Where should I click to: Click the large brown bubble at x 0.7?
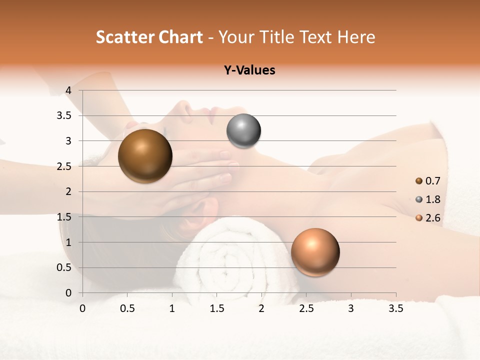click(x=145, y=156)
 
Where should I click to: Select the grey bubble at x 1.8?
click(x=243, y=131)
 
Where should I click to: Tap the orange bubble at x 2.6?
click(x=315, y=252)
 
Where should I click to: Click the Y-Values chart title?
click(x=249, y=70)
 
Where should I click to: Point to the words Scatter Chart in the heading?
click(x=149, y=37)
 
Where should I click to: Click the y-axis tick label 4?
click(x=68, y=90)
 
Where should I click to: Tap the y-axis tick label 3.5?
click(x=64, y=116)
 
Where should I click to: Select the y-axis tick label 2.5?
click(x=64, y=166)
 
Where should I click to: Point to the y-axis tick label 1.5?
click(x=64, y=217)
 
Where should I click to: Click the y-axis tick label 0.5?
click(x=64, y=268)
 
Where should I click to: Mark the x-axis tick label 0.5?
click(x=127, y=308)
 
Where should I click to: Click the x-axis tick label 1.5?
click(x=216, y=308)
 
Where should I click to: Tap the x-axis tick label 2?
click(x=261, y=308)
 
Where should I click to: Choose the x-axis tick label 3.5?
click(x=395, y=308)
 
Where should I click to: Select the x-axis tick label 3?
click(x=351, y=308)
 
